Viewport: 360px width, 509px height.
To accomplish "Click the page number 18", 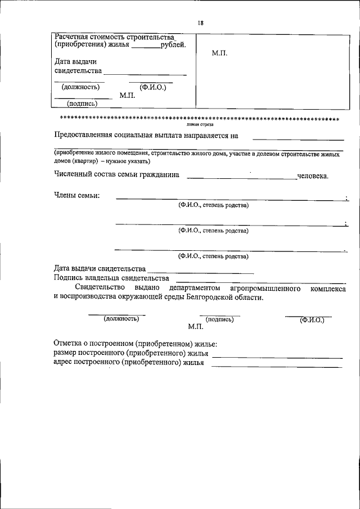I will click(x=200, y=23).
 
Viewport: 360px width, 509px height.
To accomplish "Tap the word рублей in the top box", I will click(x=173, y=46).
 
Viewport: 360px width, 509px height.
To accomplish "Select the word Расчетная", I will click(x=73, y=37).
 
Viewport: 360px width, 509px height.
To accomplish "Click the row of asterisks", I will click(x=200, y=119).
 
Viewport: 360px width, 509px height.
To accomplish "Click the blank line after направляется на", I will click(x=298, y=138).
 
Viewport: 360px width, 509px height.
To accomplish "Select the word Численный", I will click(x=75, y=175).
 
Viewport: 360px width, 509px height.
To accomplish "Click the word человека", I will click(x=313, y=175).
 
